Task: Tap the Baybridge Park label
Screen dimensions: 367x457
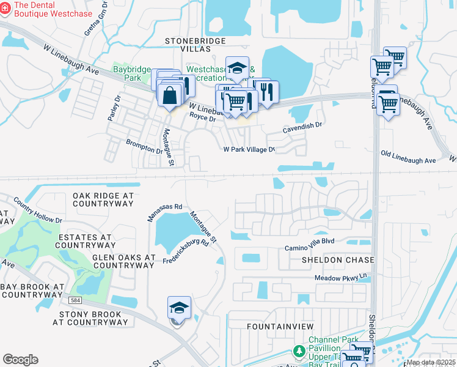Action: [x=131, y=73]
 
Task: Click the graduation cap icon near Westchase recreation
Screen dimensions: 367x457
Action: [x=237, y=69]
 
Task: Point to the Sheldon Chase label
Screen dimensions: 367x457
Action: [x=337, y=260]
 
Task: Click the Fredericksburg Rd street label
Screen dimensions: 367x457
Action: [x=186, y=252]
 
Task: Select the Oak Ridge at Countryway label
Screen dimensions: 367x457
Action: [x=103, y=200]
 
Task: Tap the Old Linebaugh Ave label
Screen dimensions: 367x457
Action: [x=408, y=157]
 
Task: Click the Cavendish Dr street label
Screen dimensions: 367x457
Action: [x=302, y=127]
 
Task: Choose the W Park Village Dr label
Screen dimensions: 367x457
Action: [x=249, y=149]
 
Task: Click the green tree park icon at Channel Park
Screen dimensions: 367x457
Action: [x=299, y=351]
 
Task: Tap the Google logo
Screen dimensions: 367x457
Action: [x=20, y=360]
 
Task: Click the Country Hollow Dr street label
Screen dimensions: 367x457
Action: [x=38, y=209]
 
